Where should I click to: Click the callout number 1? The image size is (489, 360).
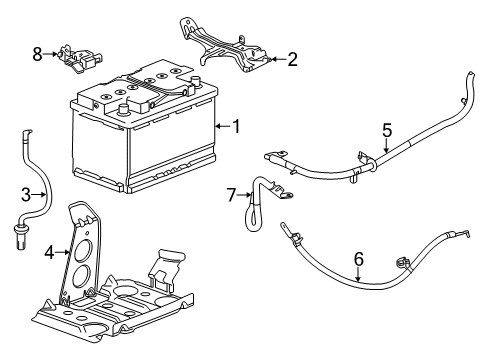236,126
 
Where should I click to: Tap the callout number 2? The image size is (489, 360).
291,59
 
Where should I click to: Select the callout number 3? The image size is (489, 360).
27,196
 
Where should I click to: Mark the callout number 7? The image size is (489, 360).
230,194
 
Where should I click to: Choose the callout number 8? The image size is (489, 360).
38,53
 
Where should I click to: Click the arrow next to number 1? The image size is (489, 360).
222,126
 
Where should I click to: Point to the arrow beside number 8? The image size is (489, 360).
51,53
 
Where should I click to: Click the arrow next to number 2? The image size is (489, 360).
274,59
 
